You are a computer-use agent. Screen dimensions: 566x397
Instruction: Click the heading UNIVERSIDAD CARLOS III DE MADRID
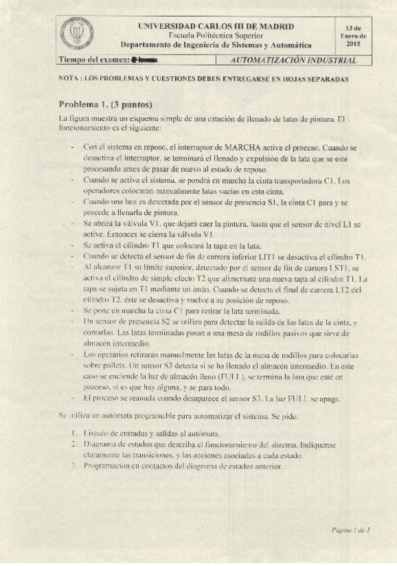click(x=215, y=26)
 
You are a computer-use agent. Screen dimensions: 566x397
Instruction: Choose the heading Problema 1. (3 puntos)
click(x=105, y=105)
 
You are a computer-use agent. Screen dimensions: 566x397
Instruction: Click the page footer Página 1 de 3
click(x=350, y=530)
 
